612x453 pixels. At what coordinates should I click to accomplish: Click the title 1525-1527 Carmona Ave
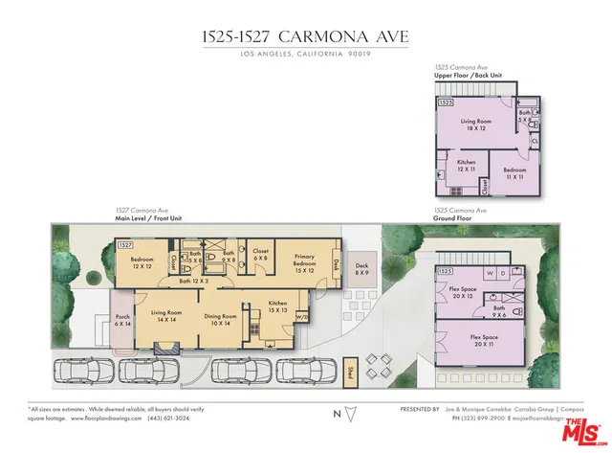(x=305, y=36)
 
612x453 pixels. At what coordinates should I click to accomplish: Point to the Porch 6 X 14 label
(x=122, y=320)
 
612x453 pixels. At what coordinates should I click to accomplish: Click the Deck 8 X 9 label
(x=361, y=270)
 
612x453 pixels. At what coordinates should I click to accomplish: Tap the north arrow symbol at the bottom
(x=348, y=414)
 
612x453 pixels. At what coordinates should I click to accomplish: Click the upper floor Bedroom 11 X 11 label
(x=514, y=173)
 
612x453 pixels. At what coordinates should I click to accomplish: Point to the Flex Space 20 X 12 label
(x=462, y=292)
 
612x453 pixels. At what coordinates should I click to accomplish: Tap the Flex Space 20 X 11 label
(x=489, y=341)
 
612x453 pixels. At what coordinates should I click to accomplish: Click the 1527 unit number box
(x=124, y=245)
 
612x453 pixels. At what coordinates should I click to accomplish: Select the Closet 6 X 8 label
(x=260, y=256)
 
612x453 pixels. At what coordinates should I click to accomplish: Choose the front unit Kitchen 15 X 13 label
(x=277, y=306)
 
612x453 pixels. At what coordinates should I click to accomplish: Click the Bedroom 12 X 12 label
(x=142, y=263)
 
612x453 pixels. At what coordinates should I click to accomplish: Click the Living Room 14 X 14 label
(x=167, y=316)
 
